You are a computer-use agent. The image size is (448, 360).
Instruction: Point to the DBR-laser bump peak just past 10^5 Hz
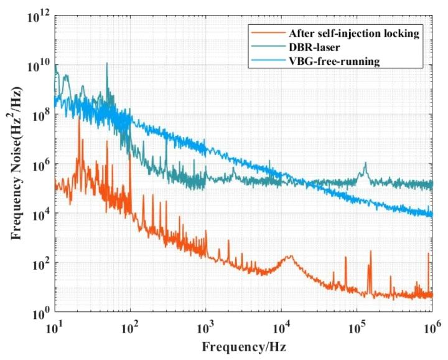(x=365, y=163)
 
